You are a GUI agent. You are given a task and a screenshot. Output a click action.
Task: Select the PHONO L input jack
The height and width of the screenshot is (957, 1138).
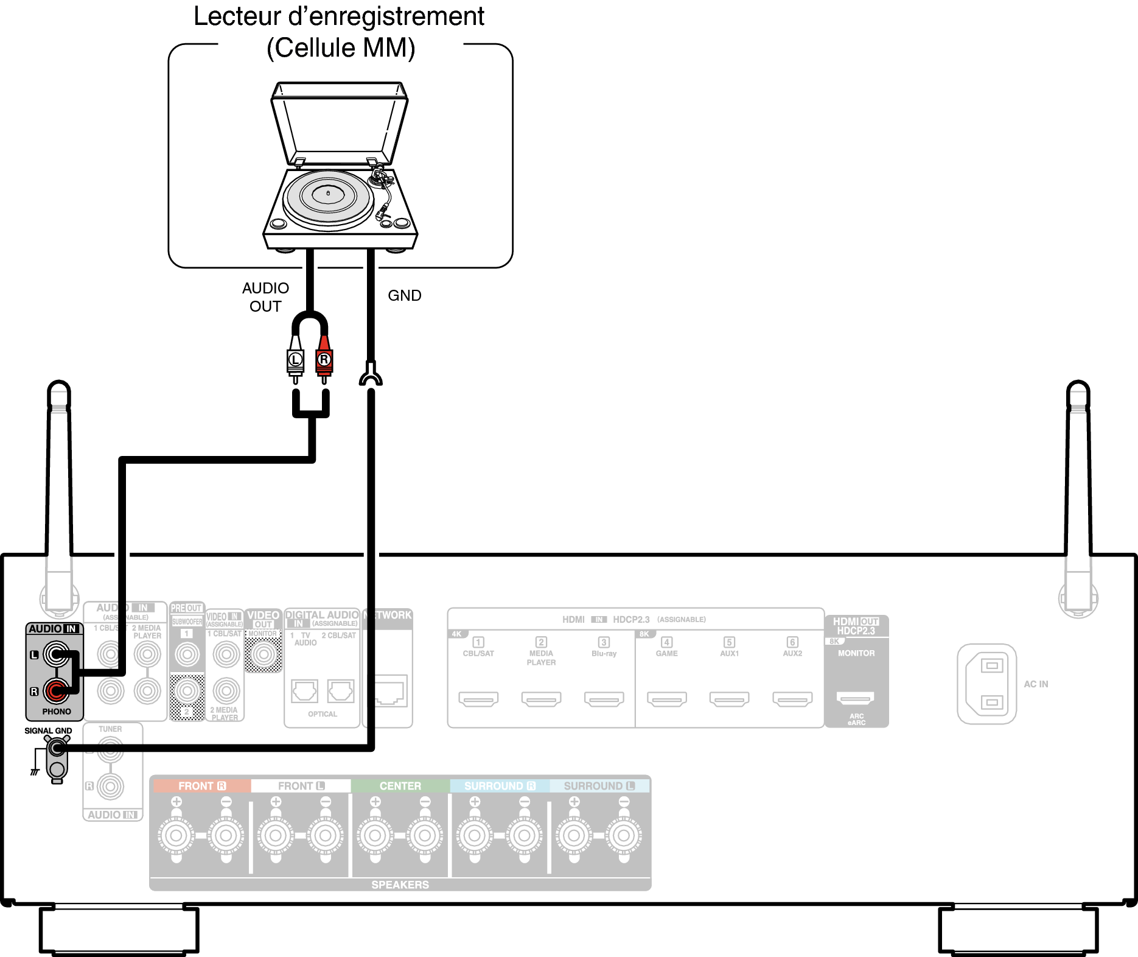click(x=56, y=655)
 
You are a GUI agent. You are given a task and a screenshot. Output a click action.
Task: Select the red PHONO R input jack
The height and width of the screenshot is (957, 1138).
click(x=56, y=691)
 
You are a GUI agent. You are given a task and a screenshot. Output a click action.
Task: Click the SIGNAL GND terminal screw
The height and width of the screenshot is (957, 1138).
click(x=57, y=748)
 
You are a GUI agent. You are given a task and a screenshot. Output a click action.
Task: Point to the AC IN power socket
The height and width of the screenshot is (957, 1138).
click(x=986, y=684)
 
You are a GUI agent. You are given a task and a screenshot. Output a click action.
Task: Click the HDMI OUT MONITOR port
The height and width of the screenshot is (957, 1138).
click(x=856, y=698)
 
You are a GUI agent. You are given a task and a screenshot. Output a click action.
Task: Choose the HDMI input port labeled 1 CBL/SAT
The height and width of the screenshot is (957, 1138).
click(x=478, y=699)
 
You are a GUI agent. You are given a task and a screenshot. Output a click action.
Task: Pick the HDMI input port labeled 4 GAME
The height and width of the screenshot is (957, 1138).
click(x=666, y=699)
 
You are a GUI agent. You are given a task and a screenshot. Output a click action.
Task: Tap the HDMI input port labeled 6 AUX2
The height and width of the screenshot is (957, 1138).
click(x=792, y=699)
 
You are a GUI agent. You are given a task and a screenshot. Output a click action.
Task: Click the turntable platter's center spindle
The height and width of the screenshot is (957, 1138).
click(x=328, y=193)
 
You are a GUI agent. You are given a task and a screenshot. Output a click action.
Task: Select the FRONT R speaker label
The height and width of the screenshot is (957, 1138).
click(x=201, y=786)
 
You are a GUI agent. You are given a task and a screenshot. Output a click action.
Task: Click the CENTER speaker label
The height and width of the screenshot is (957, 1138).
click(x=400, y=786)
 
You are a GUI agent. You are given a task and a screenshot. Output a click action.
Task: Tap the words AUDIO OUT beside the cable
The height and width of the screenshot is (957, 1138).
click(x=265, y=297)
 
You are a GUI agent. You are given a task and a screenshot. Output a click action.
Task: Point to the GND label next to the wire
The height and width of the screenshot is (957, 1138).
click(x=405, y=295)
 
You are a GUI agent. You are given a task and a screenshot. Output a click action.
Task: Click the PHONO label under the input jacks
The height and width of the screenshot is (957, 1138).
click(x=57, y=711)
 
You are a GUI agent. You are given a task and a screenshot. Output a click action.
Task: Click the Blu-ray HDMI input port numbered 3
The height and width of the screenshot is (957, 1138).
click(x=604, y=699)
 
